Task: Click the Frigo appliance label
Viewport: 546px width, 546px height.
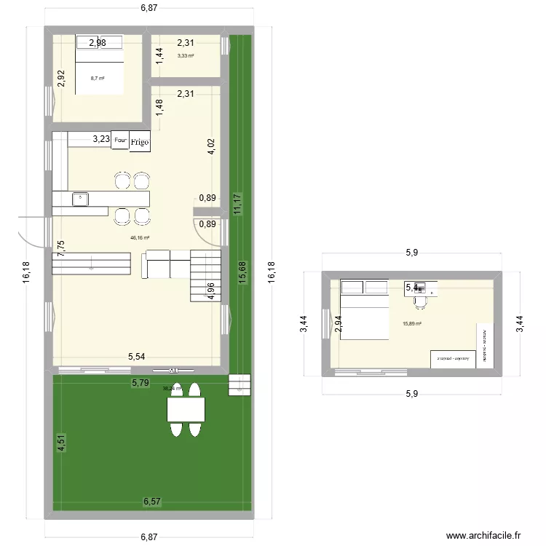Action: coord(140,143)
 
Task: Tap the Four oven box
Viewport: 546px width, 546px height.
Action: coord(120,140)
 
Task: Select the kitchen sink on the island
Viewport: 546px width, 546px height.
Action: coord(80,199)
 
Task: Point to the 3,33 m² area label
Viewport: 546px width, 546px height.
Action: coord(186,55)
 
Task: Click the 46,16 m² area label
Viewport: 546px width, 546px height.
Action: coord(140,237)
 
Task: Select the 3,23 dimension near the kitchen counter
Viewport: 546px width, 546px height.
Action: coord(101,138)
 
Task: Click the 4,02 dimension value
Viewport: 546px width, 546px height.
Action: coord(211,147)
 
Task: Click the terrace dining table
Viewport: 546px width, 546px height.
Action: coord(185,410)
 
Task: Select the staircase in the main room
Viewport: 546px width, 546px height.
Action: coord(205,274)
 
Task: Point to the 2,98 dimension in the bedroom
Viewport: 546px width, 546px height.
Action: coord(98,43)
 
